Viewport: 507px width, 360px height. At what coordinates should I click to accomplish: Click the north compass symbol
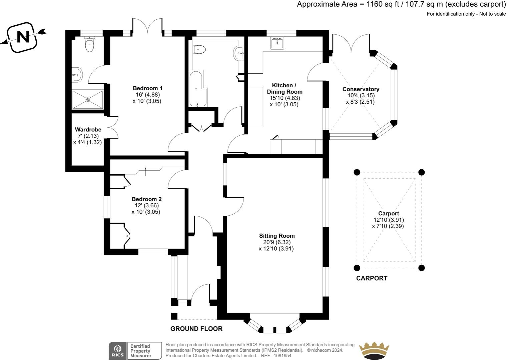coord(23,37)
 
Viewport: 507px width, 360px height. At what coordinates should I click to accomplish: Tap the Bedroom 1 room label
coord(147,88)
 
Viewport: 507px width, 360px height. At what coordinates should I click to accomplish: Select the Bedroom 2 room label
coord(146,199)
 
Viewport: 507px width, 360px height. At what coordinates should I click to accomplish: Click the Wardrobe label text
coord(88,130)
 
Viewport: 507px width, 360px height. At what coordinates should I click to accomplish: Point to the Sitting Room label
coord(277,236)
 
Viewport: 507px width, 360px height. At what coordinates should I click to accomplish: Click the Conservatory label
coord(361,89)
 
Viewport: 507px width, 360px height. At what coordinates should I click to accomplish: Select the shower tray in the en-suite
coord(88,99)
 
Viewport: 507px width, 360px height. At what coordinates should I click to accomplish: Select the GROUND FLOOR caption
coord(196,329)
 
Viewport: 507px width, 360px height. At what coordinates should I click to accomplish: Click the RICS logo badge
coord(117,351)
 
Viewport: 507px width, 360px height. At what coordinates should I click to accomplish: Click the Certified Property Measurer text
coord(140,351)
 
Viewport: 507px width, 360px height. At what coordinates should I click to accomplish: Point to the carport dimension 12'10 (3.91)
coord(389,220)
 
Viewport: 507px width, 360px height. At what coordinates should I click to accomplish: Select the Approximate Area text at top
coord(401,5)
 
